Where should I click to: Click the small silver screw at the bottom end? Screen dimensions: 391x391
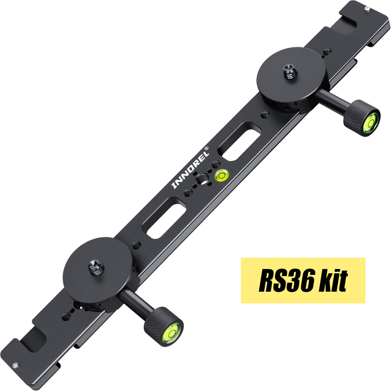pos(15,366)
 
